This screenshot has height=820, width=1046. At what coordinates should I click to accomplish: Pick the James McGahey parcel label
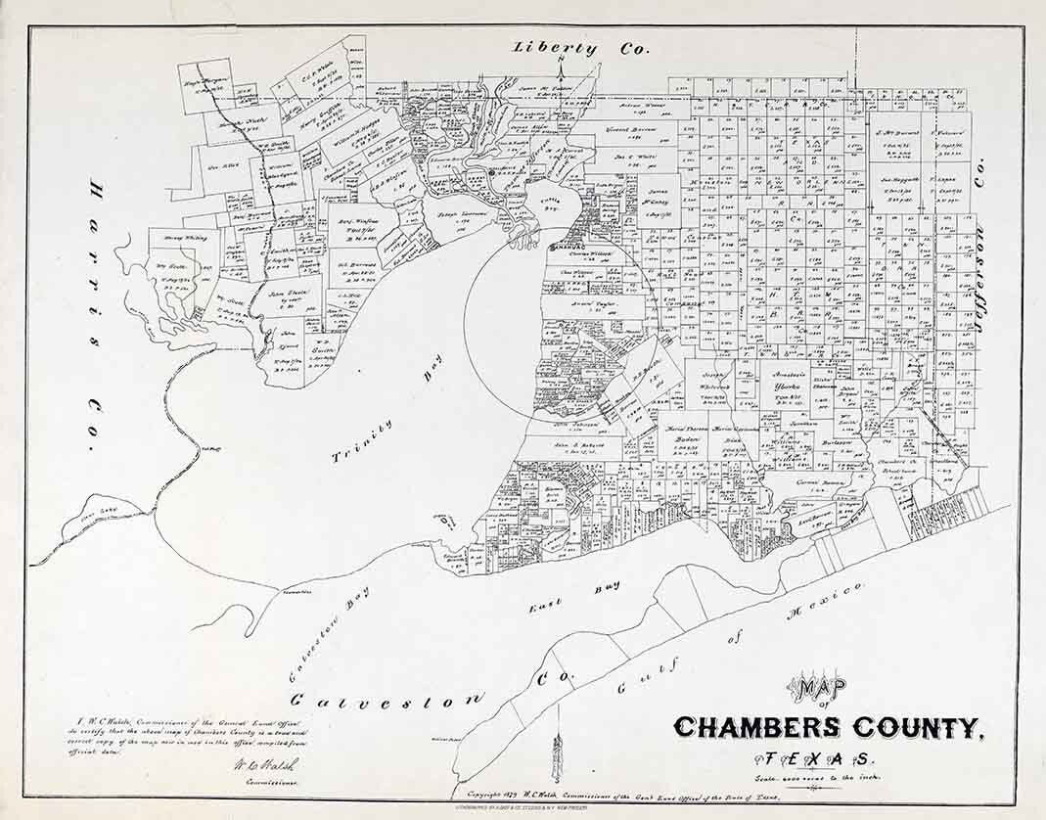coord(659,199)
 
